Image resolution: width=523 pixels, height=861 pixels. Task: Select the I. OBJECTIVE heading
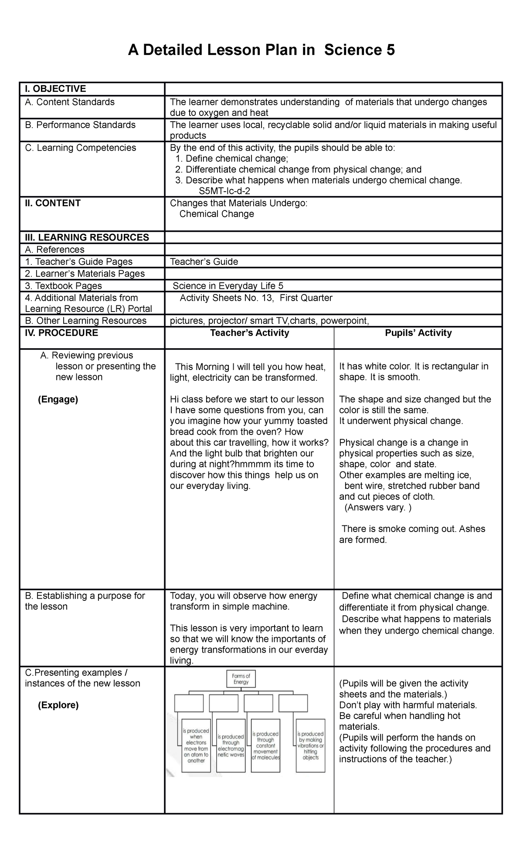[x=55, y=89]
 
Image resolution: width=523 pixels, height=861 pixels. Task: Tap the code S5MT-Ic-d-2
[x=224, y=191]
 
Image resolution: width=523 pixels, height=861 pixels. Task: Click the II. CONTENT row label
[x=53, y=203]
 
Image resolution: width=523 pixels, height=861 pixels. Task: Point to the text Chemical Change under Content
[x=217, y=214]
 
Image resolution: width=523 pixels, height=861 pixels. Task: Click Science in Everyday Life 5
[x=228, y=286]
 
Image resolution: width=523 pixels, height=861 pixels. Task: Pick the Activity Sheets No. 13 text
[x=225, y=298]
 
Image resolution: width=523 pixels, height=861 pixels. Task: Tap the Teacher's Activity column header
[x=249, y=333]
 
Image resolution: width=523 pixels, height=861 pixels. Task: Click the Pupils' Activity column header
[x=418, y=333]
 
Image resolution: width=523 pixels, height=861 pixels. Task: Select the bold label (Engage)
[x=58, y=399]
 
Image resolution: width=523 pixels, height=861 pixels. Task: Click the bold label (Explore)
[x=58, y=705]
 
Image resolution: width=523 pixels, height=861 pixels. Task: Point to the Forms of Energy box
[x=241, y=679]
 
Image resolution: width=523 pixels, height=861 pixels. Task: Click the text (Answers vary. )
[x=377, y=507]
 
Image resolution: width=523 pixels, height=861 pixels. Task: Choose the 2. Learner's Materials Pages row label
[x=85, y=274]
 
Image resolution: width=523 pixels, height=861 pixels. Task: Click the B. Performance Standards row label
[x=80, y=125]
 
